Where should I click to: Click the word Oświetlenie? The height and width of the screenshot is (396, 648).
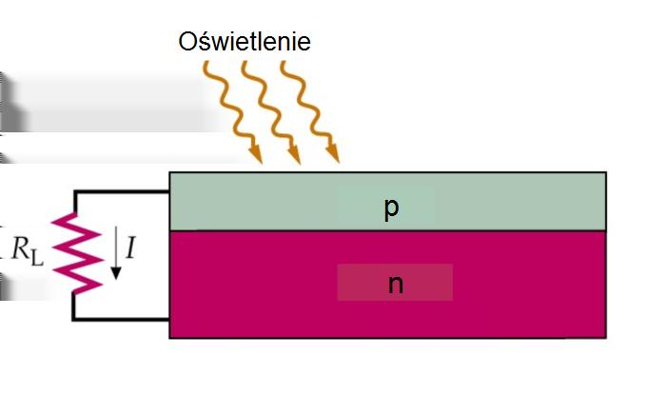(x=245, y=41)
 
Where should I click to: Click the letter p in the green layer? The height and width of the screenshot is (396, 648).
(x=391, y=208)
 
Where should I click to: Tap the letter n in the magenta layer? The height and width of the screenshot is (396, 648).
(x=396, y=285)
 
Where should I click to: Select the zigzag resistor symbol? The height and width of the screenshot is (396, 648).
(x=76, y=253)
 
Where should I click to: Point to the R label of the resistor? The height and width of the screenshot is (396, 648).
(x=21, y=247)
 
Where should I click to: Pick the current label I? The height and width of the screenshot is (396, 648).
(x=130, y=247)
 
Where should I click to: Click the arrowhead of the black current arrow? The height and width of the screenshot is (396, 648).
(x=116, y=273)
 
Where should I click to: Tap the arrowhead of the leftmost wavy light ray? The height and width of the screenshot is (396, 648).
(x=256, y=155)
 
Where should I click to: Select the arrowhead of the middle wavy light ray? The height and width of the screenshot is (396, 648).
(x=295, y=155)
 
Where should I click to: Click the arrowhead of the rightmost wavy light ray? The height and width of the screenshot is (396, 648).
(x=333, y=154)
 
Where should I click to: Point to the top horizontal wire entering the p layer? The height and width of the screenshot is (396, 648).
(x=122, y=191)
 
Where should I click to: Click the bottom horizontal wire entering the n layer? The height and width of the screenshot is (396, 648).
(x=121, y=319)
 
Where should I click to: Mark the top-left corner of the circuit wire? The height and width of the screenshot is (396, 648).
(x=75, y=191)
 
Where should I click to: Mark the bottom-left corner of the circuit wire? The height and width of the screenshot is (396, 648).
(x=74, y=319)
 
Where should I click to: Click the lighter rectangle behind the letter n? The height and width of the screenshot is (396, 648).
(x=395, y=283)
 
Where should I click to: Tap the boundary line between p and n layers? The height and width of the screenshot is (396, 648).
(x=388, y=230)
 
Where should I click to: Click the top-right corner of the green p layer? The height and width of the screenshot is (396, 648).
(x=606, y=172)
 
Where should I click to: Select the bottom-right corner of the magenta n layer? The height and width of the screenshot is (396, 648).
(x=606, y=338)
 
